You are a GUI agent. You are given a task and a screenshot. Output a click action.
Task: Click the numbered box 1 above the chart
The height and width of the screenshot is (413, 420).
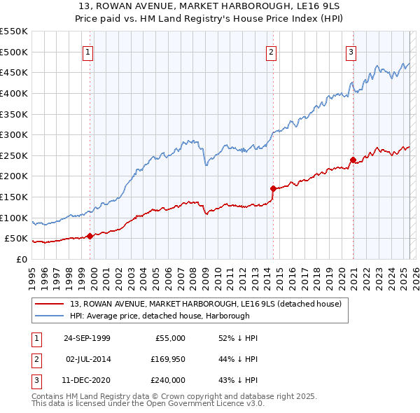[89, 51]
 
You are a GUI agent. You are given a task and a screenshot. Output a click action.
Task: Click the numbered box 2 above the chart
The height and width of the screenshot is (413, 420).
[271, 51]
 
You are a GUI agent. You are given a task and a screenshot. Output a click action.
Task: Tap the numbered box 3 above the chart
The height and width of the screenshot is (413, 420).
[351, 51]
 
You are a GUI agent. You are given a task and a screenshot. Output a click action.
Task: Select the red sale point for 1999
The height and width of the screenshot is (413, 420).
[90, 236]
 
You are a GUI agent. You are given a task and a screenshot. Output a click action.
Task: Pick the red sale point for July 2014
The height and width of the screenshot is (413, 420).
[272, 188]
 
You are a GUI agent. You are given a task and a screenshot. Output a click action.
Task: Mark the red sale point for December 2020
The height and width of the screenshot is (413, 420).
[353, 160]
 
